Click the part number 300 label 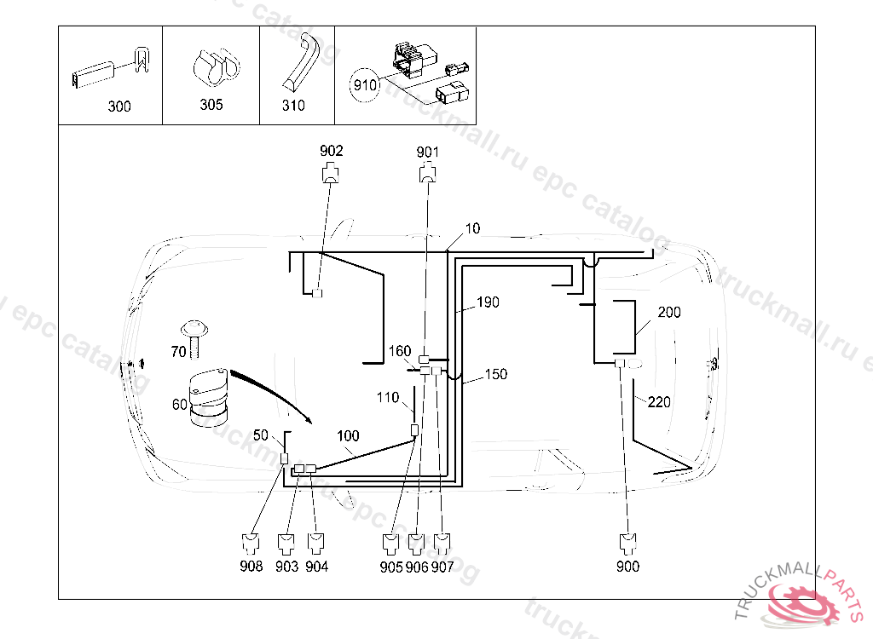(x=119, y=106)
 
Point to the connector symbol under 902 (x=331, y=175)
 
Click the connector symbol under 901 (x=427, y=175)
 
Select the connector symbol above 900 (x=627, y=543)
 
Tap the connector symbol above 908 (x=251, y=543)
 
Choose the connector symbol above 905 (x=391, y=543)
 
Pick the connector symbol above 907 (x=442, y=543)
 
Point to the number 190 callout (x=488, y=302)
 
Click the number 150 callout (x=495, y=374)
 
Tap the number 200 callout (x=669, y=313)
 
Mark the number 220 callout (x=659, y=402)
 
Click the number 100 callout (x=348, y=436)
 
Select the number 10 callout (x=472, y=228)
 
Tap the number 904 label (x=316, y=567)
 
